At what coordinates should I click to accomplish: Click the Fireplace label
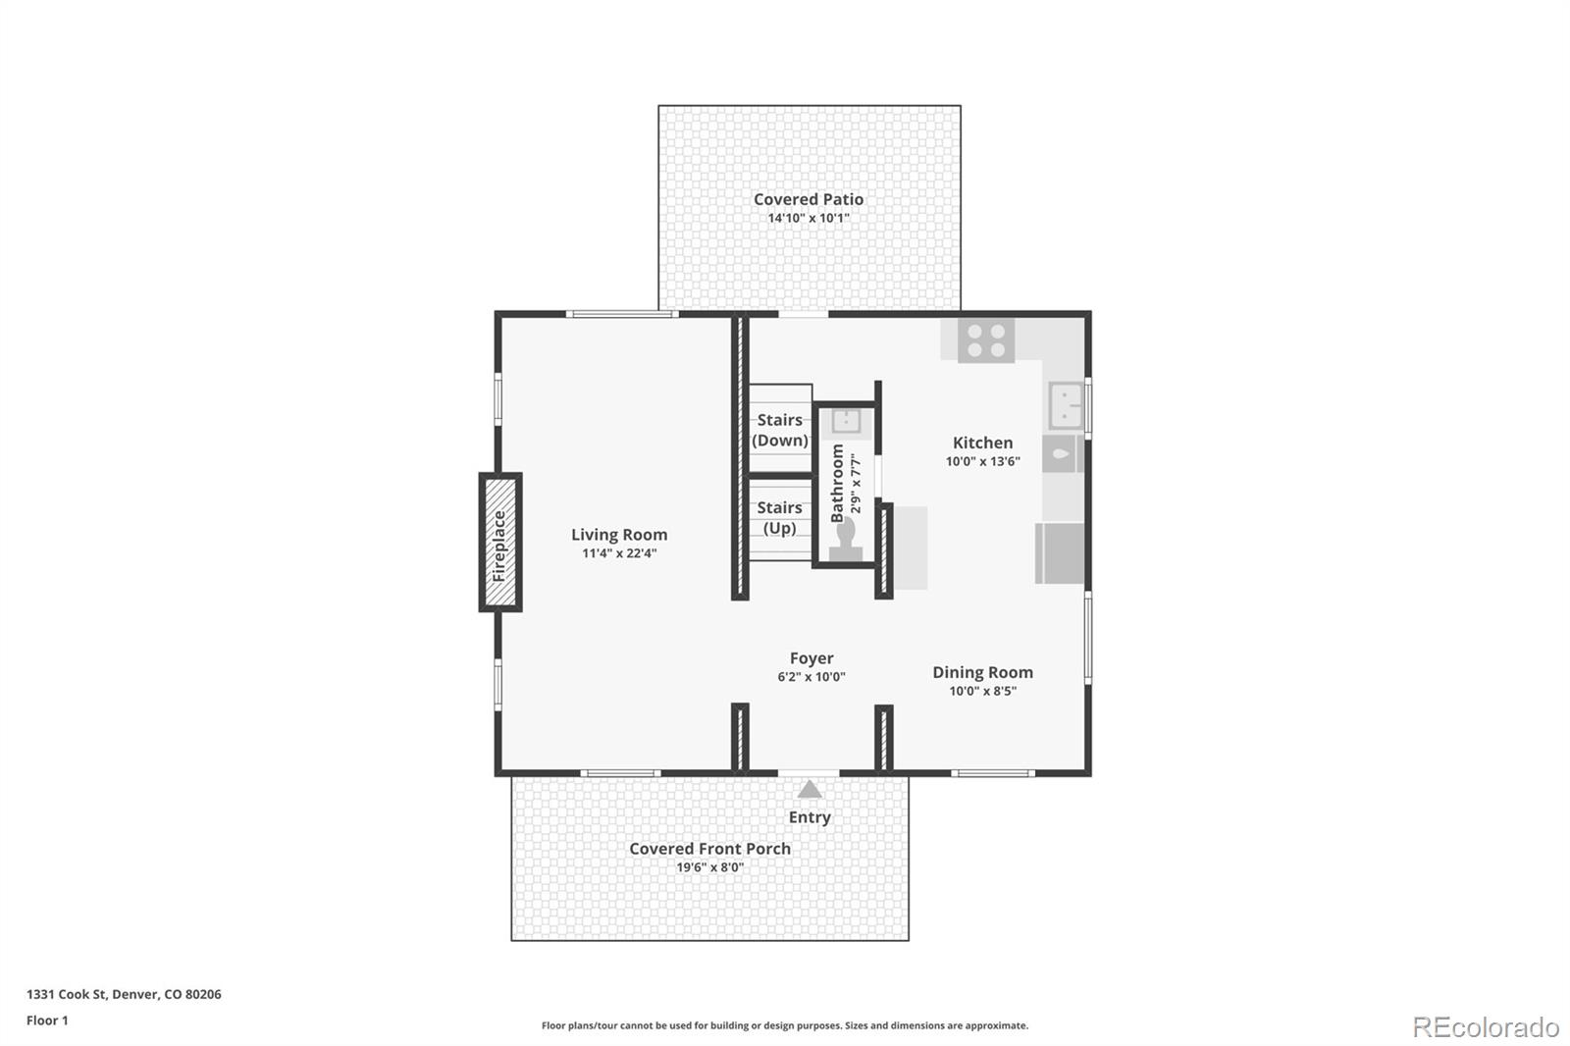point(499,545)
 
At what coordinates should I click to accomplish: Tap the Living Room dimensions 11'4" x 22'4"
point(619,553)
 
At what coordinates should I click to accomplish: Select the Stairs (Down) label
point(780,430)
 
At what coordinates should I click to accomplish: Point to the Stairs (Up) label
point(780,517)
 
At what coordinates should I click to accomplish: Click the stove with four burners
point(986,340)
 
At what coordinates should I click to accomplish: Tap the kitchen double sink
point(1066,405)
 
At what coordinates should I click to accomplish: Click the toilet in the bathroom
point(846,541)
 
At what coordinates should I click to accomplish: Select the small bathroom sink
point(846,422)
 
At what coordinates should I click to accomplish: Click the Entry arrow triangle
point(810,789)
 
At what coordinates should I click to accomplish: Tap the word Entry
point(810,817)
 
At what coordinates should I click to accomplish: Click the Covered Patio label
point(809,199)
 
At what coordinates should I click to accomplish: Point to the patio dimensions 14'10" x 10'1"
point(809,218)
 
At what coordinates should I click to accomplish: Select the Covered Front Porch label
point(709,849)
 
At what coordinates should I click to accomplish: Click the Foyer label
point(811,658)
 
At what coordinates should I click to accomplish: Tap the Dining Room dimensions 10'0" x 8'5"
point(982,691)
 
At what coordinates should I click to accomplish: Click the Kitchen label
point(982,443)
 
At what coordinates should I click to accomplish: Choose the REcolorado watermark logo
point(1486,1026)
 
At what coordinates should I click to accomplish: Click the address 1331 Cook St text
point(124,994)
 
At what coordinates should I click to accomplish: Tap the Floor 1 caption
point(47,1020)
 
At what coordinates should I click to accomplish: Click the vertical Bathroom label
point(838,483)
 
